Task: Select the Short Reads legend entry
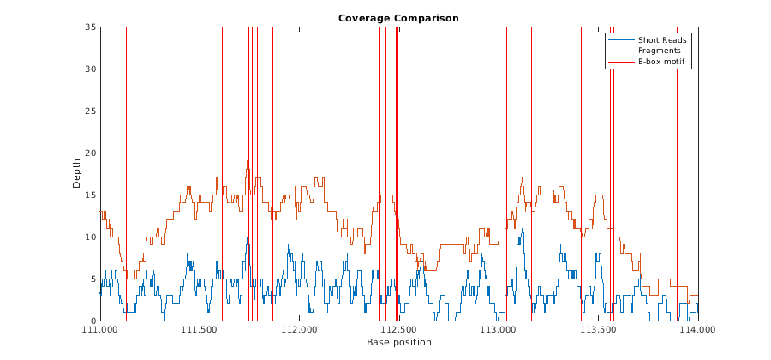click(662, 39)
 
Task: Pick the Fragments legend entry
click(659, 51)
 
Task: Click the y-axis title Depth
click(77, 174)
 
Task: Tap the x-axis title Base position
click(398, 342)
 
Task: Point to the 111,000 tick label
click(100, 329)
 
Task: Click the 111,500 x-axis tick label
click(200, 329)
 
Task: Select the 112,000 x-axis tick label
click(299, 329)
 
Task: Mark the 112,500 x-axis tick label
click(399, 329)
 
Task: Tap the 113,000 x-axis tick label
click(499, 329)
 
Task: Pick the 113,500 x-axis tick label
click(598, 329)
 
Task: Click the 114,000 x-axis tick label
click(698, 329)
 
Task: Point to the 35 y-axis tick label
click(91, 27)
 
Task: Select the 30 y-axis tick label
click(91, 69)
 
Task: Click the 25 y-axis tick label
click(91, 111)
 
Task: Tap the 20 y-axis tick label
click(91, 153)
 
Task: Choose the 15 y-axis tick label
click(91, 195)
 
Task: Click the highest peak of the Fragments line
click(248, 161)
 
